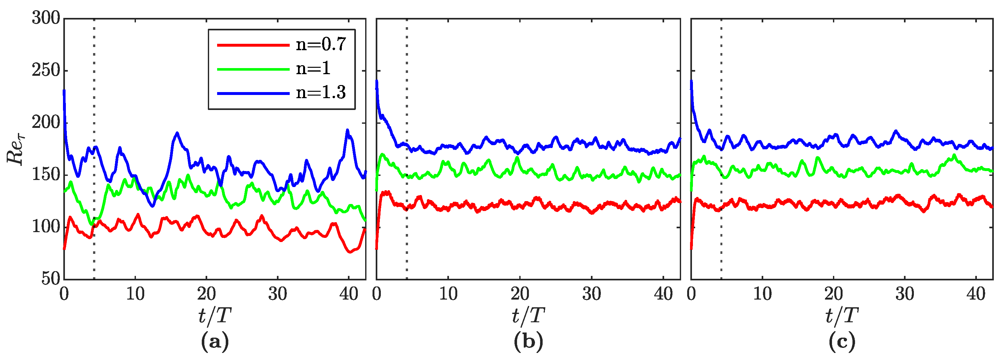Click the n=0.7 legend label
click(321, 44)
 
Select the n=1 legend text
click(313, 69)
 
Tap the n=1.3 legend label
click(321, 92)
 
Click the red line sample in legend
click(253, 45)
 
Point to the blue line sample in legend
click(253, 93)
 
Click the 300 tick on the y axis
click(46, 18)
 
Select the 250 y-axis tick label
click(46, 71)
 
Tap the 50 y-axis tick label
click(51, 278)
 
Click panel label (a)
click(215, 342)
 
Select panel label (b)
click(528, 342)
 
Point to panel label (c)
click(842, 342)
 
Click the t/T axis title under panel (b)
click(528, 316)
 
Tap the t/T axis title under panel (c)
click(842, 316)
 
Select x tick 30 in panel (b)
click(592, 294)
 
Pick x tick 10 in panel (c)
click(762, 294)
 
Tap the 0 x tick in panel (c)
click(691, 294)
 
